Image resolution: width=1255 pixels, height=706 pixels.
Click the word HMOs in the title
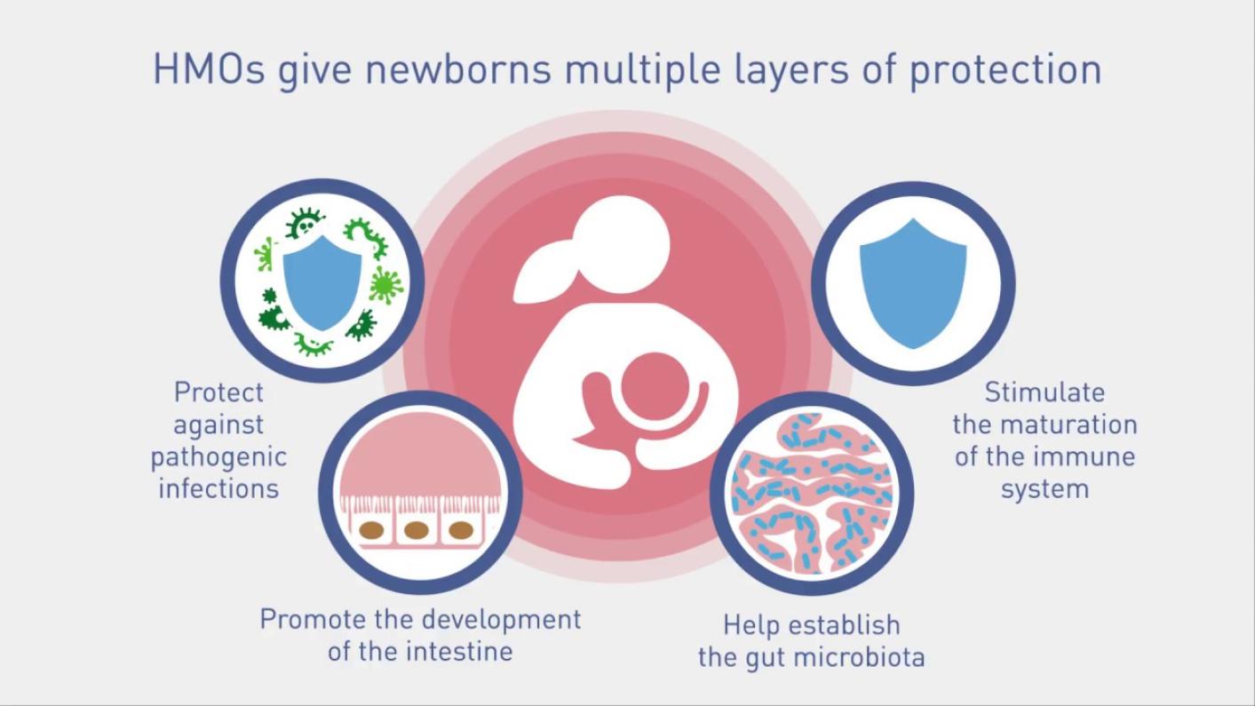click(209, 69)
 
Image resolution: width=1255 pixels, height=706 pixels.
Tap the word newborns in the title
click(457, 69)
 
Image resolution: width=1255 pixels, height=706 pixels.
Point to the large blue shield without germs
click(913, 283)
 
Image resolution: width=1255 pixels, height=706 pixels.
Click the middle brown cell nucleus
click(417, 530)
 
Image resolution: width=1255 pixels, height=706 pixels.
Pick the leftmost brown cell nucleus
click(371, 530)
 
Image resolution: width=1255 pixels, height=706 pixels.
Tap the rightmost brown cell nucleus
click(461, 530)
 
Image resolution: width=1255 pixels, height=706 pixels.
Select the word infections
click(218, 488)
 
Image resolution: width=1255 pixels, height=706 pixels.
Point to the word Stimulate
click(1045, 393)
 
